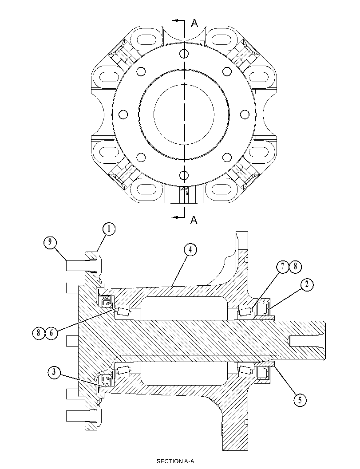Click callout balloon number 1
pos(109,229)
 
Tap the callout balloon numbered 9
pos(50,242)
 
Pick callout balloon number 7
pos(282,266)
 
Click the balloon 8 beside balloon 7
pos(295,266)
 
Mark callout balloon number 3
pos(54,372)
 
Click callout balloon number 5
pos(300,400)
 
